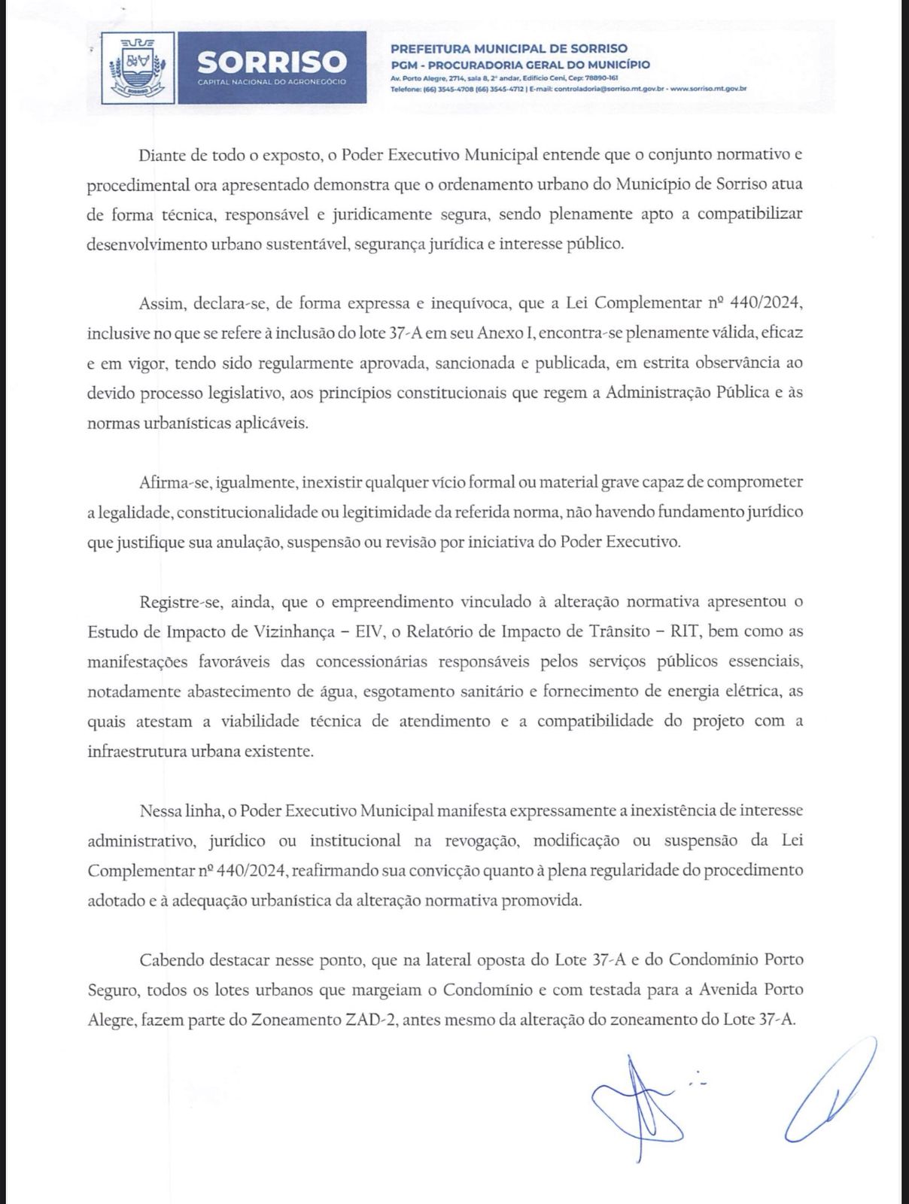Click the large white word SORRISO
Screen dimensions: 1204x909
pos(272,61)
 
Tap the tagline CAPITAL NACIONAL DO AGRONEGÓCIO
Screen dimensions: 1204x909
pos(272,81)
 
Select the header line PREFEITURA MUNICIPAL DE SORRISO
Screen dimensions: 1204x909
pos(509,49)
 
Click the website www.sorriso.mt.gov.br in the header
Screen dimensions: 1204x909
pos(707,89)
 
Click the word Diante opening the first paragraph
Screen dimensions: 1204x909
pos(163,156)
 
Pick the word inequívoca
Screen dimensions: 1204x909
pos(464,303)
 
